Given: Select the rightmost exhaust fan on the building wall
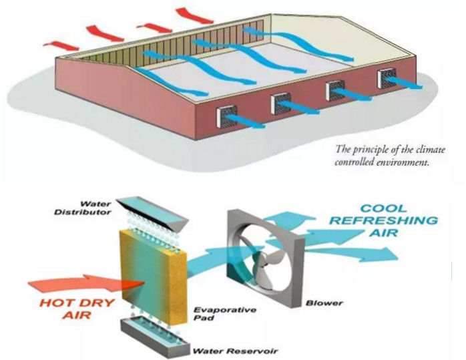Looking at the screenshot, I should click(x=387, y=79).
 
